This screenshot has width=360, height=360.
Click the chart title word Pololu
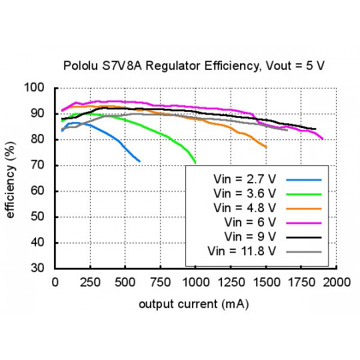(x=81, y=66)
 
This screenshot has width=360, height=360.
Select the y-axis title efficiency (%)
(x=12, y=178)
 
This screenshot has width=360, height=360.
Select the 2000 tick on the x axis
(x=336, y=282)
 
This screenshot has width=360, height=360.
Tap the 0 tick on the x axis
(x=55, y=282)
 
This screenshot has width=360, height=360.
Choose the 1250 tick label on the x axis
(x=231, y=282)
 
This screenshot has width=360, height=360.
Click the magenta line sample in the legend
(x=303, y=223)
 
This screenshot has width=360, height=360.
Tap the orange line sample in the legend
(x=303, y=209)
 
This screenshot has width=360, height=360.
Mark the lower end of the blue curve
(x=139, y=161)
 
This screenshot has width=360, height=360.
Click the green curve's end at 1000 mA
(x=195, y=163)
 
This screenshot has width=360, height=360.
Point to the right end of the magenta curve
(x=323, y=139)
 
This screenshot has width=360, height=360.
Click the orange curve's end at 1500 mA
(x=266, y=147)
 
